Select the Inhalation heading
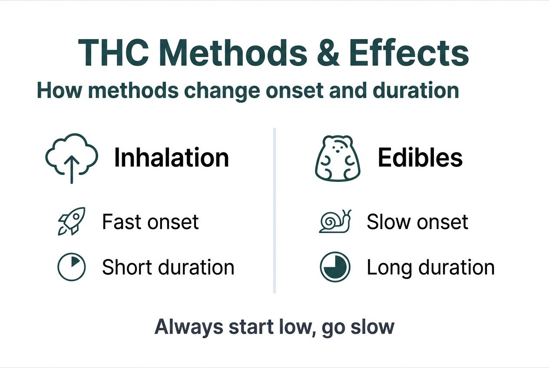pyautogui.click(x=171, y=158)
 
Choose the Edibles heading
pyautogui.click(x=420, y=158)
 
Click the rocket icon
pyautogui.click(x=72, y=221)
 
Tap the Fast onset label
pyautogui.click(x=150, y=222)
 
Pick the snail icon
pyautogui.click(x=335, y=221)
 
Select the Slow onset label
pyautogui.click(x=417, y=222)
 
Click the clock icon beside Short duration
pyautogui.click(x=72, y=267)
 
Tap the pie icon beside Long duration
pyautogui.click(x=335, y=267)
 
